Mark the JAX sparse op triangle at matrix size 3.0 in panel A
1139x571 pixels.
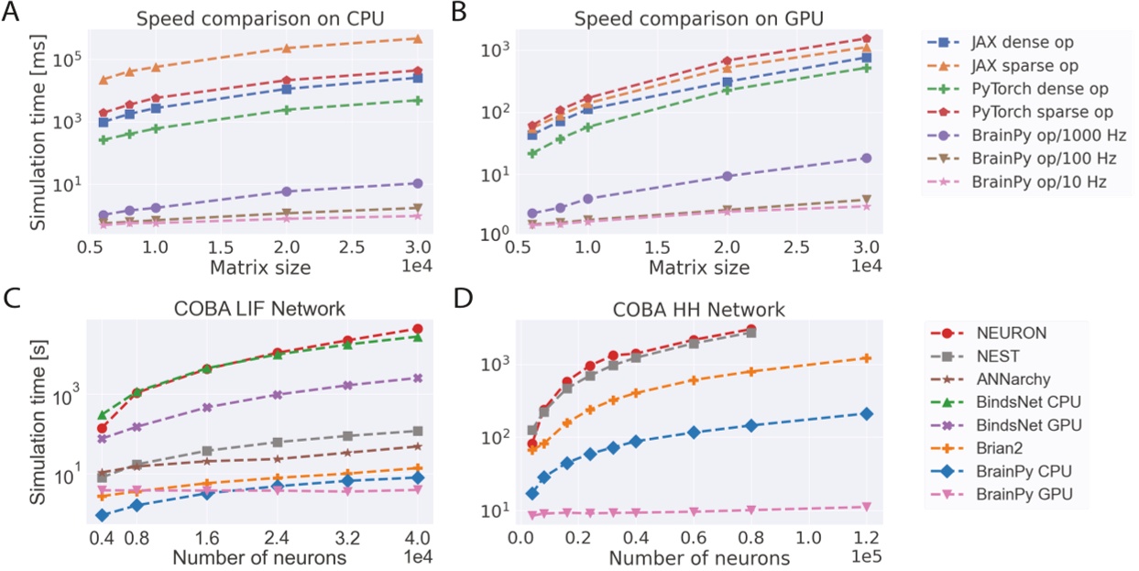coord(418,38)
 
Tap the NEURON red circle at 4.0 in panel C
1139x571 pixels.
coord(418,328)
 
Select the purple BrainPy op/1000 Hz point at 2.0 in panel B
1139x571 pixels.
coord(728,176)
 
